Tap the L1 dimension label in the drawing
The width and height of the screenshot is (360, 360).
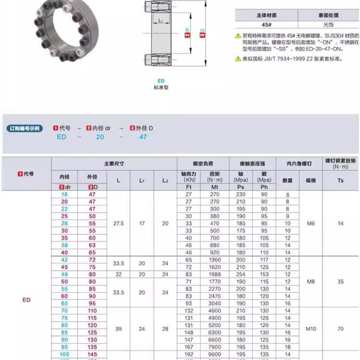(x=159, y=21)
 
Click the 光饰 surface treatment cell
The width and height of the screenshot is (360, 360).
(x=328, y=25)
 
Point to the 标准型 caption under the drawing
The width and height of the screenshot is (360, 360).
(x=160, y=87)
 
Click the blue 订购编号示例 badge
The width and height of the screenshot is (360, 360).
(x=25, y=128)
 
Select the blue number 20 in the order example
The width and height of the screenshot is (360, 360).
(x=100, y=137)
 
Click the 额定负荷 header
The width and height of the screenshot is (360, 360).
(x=202, y=164)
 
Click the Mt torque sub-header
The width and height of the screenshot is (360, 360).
(x=215, y=186)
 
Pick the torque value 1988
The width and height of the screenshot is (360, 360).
(x=215, y=274)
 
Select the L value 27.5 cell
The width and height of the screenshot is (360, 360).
(x=118, y=223)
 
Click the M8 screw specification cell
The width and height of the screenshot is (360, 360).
(x=311, y=282)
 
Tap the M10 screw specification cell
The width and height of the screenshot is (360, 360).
(x=311, y=329)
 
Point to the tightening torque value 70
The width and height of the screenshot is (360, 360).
(x=341, y=329)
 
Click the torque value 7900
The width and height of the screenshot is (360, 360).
(x=215, y=347)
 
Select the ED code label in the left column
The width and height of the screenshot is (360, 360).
(x=26, y=300)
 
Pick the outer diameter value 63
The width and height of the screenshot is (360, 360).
(x=92, y=245)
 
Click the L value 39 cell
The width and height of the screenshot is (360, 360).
(x=118, y=329)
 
